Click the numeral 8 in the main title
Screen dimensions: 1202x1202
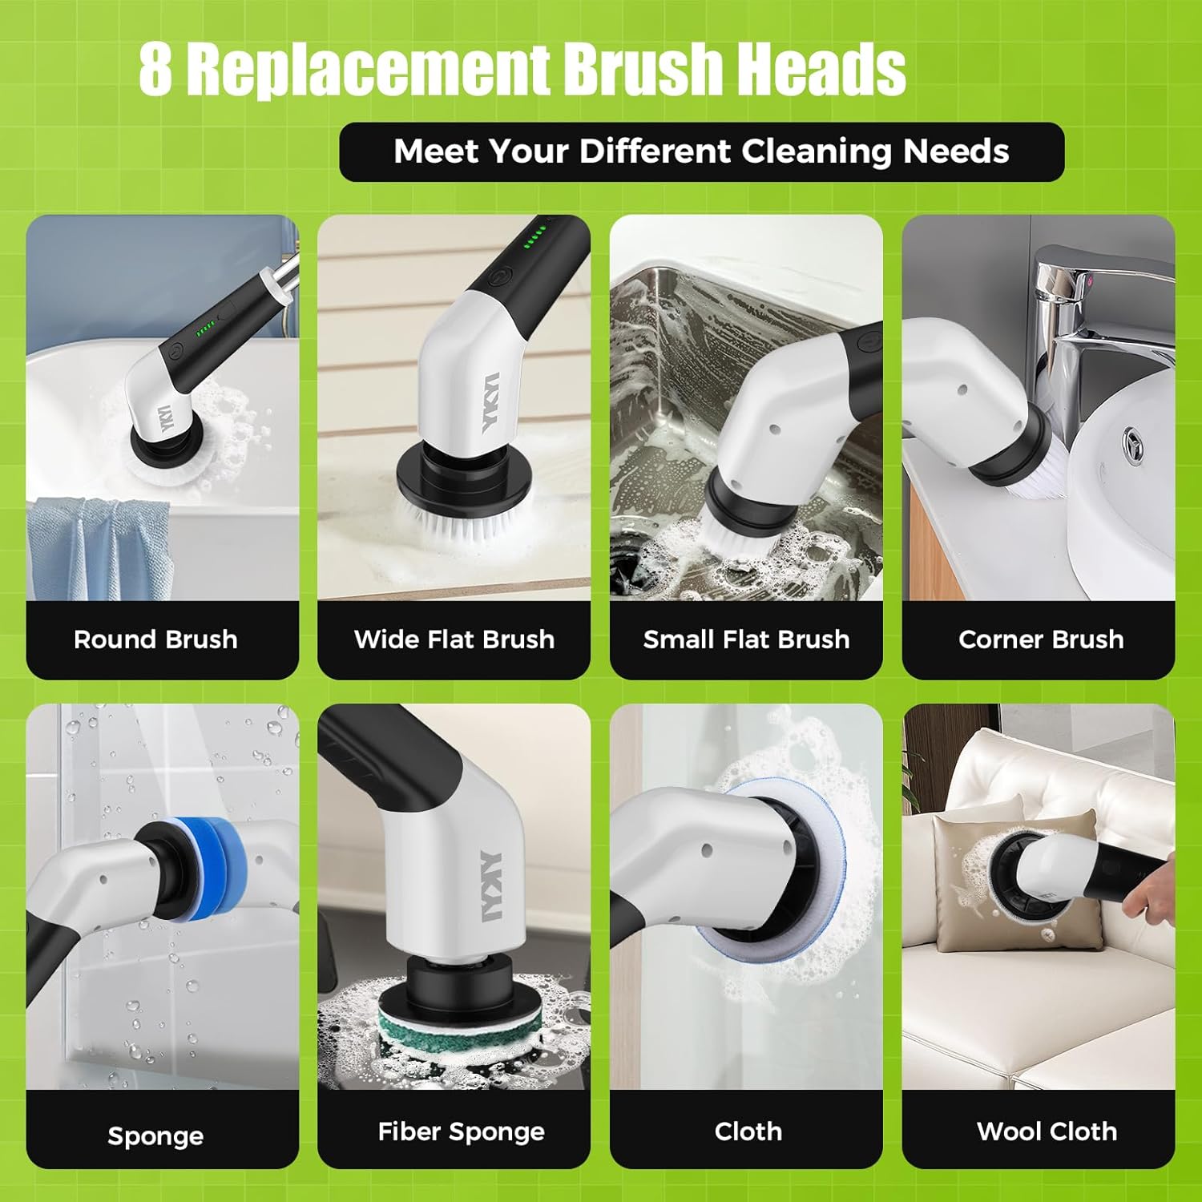point(155,70)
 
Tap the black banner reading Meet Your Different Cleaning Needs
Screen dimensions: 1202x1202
point(701,151)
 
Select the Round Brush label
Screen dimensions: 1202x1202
point(155,639)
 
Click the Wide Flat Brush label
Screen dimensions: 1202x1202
point(454,639)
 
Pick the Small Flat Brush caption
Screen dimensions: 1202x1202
point(746,639)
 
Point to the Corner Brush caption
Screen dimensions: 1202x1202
point(1040,639)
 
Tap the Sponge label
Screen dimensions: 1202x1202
point(155,1135)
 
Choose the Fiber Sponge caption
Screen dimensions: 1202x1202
point(461,1131)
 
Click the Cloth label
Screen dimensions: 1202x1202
point(748,1131)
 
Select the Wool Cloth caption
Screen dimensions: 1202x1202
point(1047,1131)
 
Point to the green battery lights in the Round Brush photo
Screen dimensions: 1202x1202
point(205,326)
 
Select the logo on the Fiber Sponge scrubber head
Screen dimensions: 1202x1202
point(489,885)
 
